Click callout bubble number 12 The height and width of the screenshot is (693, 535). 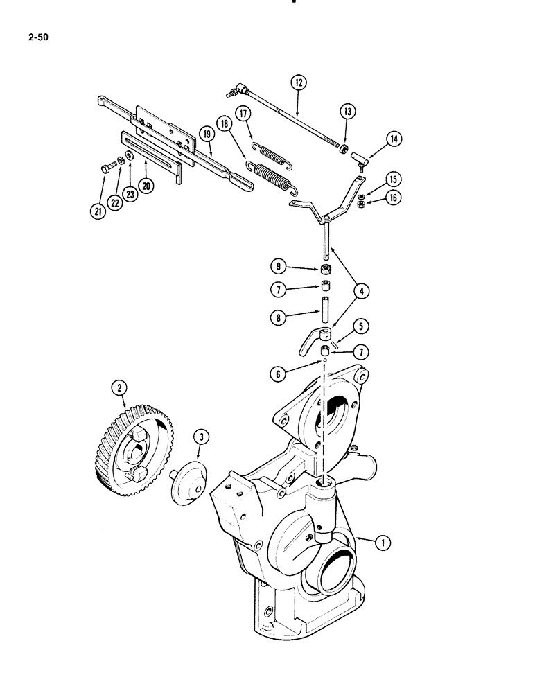(299, 83)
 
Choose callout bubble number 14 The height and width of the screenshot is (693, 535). (394, 139)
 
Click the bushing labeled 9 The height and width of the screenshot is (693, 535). (326, 270)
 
